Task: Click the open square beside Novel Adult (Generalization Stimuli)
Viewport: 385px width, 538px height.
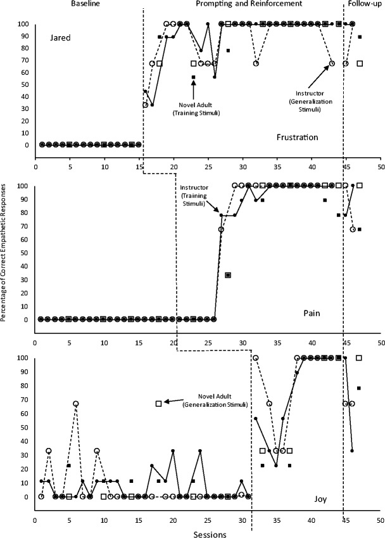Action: (159, 404)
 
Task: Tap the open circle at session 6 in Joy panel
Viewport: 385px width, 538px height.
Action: (76, 404)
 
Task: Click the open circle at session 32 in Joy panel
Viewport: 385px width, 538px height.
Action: (256, 358)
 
